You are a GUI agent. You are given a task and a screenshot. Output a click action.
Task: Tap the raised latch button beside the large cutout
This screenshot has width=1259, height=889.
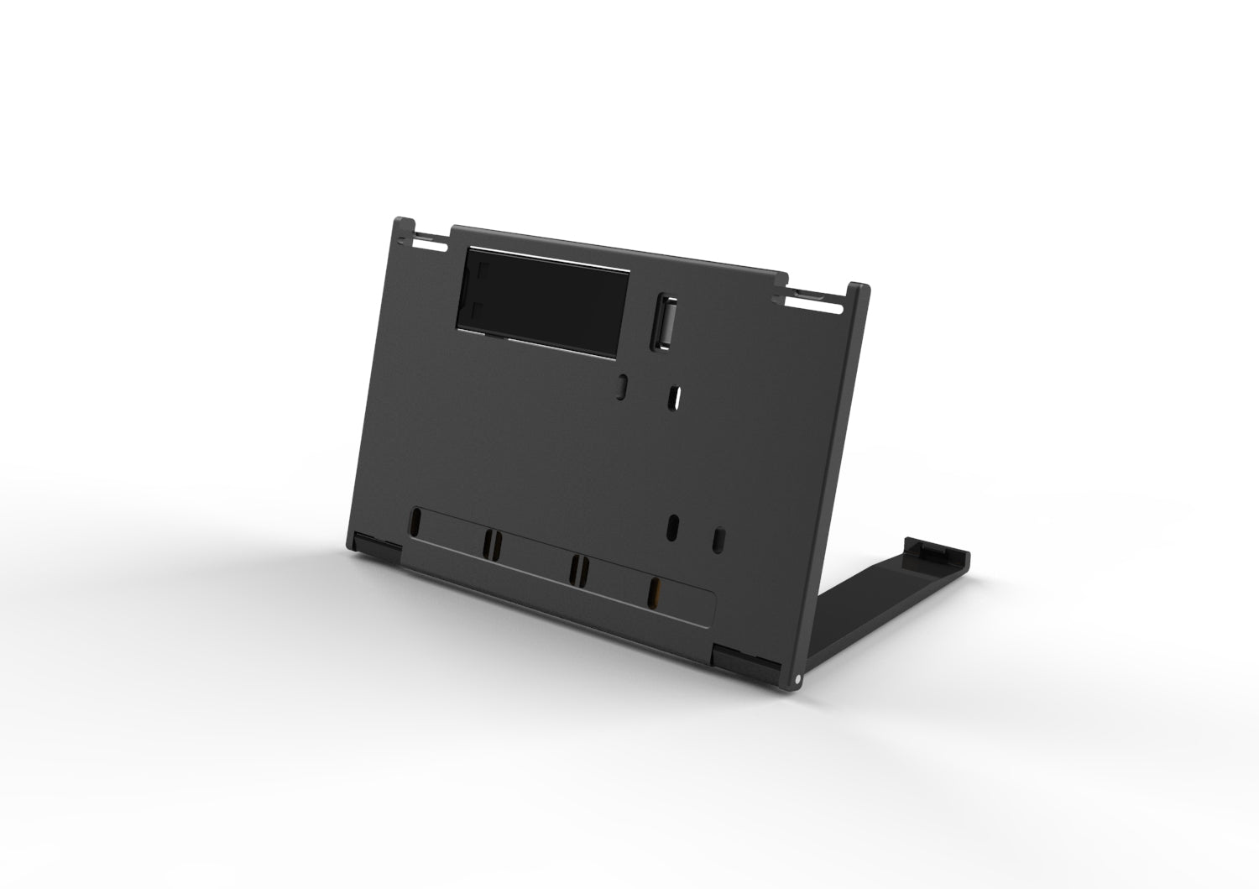click(x=666, y=319)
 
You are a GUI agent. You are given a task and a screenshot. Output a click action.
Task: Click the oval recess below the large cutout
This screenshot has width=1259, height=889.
click(x=622, y=385)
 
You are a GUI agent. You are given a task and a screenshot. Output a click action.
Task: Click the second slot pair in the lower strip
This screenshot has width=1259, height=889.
click(x=491, y=544)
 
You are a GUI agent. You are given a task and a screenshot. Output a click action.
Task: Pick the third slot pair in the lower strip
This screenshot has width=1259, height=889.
click(x=577, y=568)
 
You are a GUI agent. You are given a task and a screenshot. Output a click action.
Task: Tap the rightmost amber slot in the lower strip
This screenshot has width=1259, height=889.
click(x=655, y=592)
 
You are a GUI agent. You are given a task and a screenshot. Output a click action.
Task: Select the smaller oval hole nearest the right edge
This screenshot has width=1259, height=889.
click(x=718, y=539)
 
